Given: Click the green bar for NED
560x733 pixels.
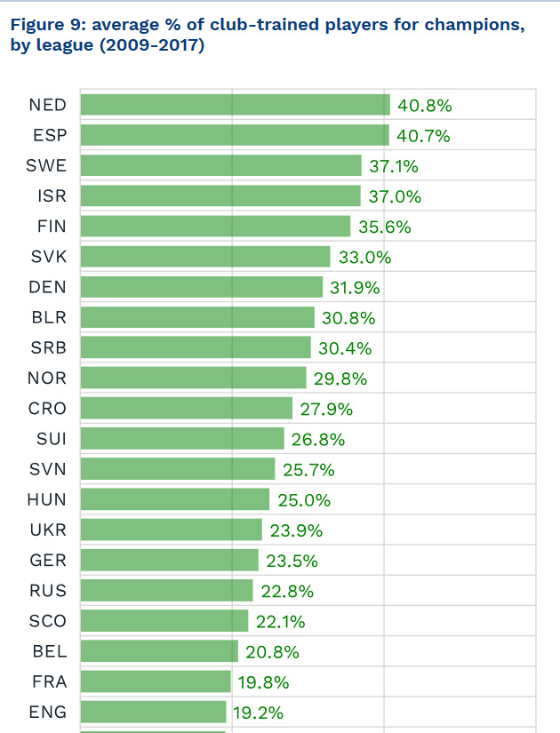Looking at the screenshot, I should coord(235,105).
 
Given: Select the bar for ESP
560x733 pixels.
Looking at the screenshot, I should coord(235,135).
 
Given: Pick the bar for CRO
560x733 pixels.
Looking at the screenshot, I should coord(186,409).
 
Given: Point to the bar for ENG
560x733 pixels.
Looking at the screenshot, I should coord(153,712).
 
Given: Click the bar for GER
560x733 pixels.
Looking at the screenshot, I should coord(169,561).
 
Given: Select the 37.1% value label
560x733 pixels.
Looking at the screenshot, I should coord(394,166).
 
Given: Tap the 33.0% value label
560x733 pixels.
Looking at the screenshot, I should coord(365,258).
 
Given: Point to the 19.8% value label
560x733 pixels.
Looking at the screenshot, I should coord(263,682).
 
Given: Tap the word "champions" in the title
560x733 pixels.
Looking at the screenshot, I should coord(471,25).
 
